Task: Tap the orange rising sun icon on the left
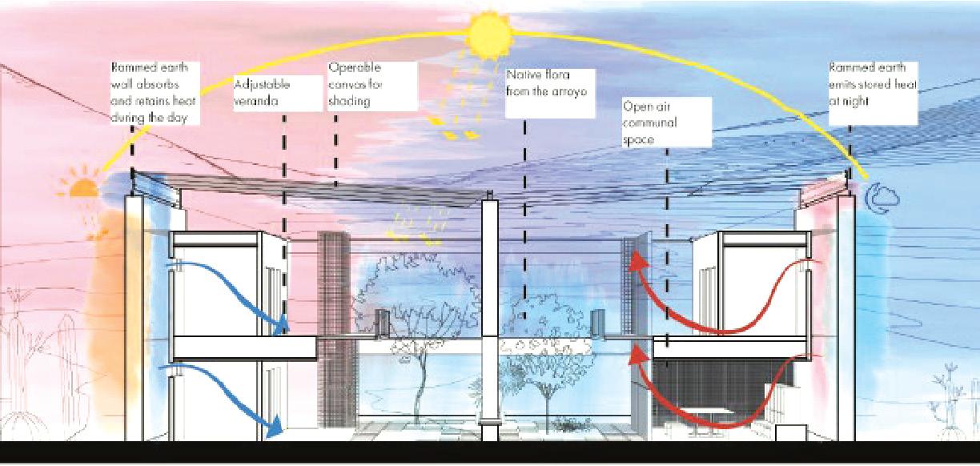(83, 188)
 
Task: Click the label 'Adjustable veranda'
(263, 93)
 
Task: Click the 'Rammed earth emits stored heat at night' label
(873, 84)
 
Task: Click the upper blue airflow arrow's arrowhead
(279, 327)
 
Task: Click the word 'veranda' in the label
(255, 102)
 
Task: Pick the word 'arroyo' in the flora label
(569, 91)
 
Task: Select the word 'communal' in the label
(650, 123)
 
